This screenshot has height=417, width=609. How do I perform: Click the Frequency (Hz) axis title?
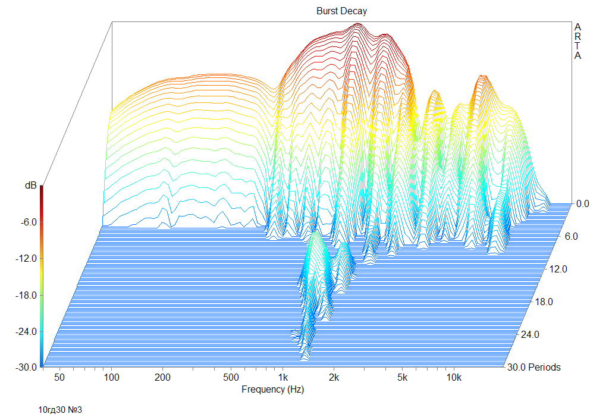click(272, 390)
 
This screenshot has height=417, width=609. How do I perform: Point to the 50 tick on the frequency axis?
click(59, 377)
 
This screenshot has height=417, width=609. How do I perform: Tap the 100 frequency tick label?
click(111, 377)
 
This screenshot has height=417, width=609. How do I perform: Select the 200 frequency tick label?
click(163, 377)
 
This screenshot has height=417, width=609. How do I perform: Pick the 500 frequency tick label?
click(231, 377)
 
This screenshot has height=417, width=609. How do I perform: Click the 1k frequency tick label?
click(282, 377)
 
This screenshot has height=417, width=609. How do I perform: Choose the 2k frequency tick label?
click(334, 377)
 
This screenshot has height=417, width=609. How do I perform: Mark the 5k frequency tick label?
click(403, 377)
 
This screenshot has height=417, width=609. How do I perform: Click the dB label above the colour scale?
click(30, 186)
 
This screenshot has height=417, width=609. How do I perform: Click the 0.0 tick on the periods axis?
click(583, 203)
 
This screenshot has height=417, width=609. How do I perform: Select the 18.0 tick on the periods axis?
click(544, 302)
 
